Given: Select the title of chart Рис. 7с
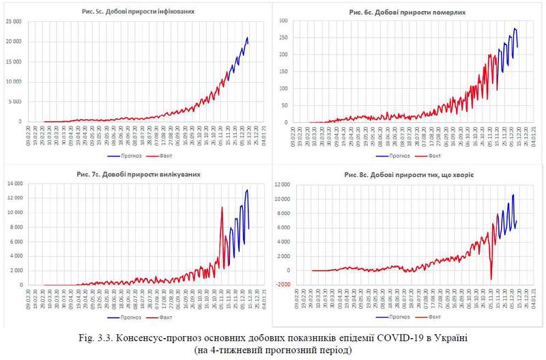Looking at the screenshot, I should [143, 175].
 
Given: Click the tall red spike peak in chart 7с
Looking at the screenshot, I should [222, 207].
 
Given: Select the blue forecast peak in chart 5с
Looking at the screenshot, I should [247, 38].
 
